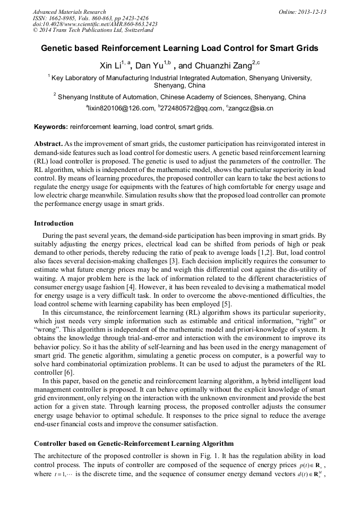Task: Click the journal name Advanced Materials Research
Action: tap(69, 12)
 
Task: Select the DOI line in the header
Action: tap(95, 24)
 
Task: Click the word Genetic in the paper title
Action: tap(56, 48)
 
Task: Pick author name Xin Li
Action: tap(110, 66)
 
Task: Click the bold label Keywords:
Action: tap(51, 127)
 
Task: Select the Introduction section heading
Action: tap(54, 223)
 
